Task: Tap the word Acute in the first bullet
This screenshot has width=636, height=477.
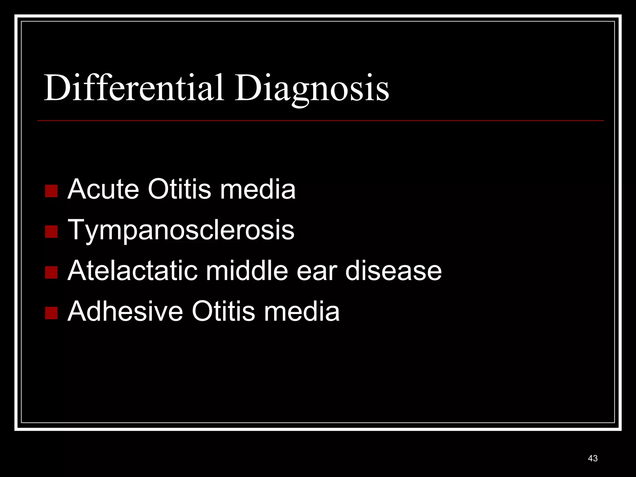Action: pos(103,189)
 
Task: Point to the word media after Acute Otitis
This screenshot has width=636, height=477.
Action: pos(258,189)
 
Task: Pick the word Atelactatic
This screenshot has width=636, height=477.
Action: pos(132,270)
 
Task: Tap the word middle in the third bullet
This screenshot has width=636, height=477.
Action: pos(247,270)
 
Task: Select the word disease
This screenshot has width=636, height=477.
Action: pos(393,270)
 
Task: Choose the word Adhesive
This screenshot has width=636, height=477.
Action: pos(125,311)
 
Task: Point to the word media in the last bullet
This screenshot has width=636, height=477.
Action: pos(302,311)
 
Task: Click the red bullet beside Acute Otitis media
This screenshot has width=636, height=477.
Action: pos(51,191)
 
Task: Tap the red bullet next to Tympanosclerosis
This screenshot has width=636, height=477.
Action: pos(51,231)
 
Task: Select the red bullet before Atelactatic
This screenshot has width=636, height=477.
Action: pos(51,272)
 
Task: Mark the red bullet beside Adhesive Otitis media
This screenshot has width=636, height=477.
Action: pos(51,313)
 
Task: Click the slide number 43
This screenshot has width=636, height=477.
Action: pos(593,458)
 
